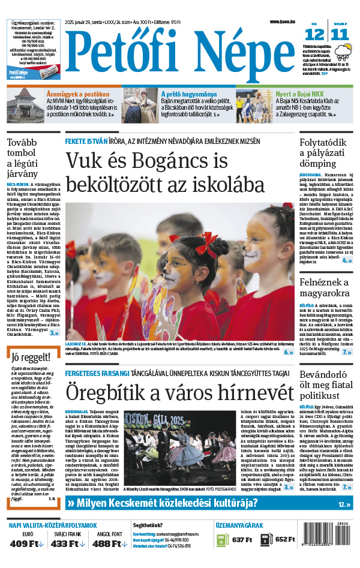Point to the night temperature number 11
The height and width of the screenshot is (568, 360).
click(x=340, y=34)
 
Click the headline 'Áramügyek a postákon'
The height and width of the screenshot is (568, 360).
click(x=78, y=94)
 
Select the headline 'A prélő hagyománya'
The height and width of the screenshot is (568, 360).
click(x=189, y=94)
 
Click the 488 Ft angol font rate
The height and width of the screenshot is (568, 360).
click(x=110, y=544)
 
